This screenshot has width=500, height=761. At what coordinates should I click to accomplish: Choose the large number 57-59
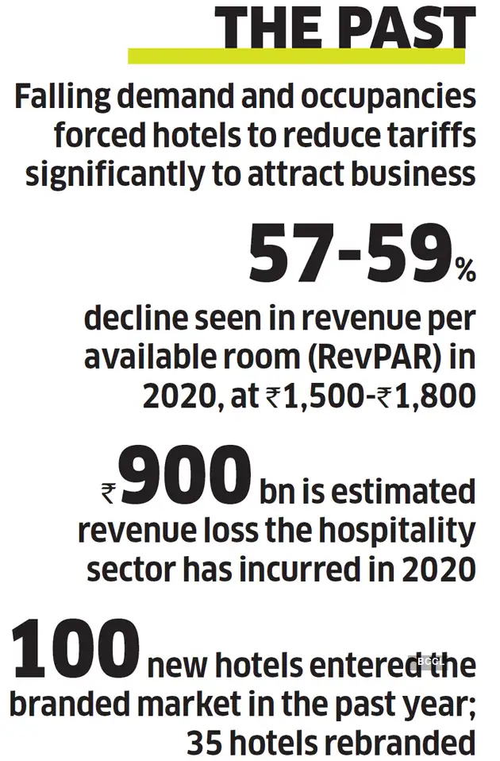(x=349, y=252)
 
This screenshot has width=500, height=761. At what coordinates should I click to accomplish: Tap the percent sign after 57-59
(x=464, y=272)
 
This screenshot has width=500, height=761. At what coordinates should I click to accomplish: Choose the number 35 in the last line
(x=206, y=743)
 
